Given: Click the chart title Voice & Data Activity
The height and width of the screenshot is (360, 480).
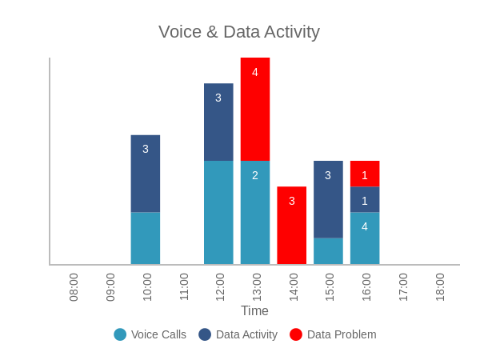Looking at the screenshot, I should (239, 32).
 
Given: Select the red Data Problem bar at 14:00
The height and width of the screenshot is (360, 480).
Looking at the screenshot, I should (292, 225).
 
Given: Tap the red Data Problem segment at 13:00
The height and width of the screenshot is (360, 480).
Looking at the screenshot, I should (255, 109).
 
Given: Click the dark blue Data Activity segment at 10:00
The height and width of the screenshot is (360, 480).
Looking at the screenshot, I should (146, 174).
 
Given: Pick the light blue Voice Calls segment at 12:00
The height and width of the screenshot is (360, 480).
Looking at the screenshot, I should (218, 212).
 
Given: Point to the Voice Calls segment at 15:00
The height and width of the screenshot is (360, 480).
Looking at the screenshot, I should (328, 250).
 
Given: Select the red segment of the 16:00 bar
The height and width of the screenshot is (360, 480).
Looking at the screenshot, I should (365, 174).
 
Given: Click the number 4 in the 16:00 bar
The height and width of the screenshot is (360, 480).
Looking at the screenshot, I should (365, 226).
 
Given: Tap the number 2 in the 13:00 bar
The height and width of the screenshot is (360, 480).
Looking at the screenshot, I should (255, 175).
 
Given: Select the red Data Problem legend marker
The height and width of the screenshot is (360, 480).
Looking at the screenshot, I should (296, 334).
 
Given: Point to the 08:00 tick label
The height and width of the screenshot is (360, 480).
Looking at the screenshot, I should (74, 286).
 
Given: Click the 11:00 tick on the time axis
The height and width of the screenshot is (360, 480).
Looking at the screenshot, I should (183, 286).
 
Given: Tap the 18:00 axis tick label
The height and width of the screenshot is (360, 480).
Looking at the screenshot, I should (439, 286).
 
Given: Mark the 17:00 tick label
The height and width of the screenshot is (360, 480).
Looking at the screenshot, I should (402, 286).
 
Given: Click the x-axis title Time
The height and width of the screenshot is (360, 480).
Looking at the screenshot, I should (255, 310).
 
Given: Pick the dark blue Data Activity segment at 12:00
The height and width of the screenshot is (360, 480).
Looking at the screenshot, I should (218, 122).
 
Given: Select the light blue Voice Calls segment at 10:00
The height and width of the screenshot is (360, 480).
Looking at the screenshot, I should (146, 238).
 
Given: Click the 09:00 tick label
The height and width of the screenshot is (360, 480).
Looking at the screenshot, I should (110, 286).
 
